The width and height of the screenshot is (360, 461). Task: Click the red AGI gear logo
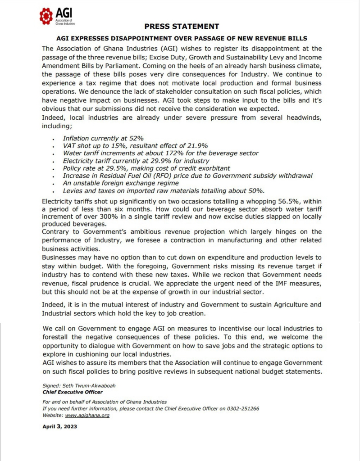coord(46,16)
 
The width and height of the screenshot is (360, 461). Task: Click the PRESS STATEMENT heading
coord(182,27)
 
